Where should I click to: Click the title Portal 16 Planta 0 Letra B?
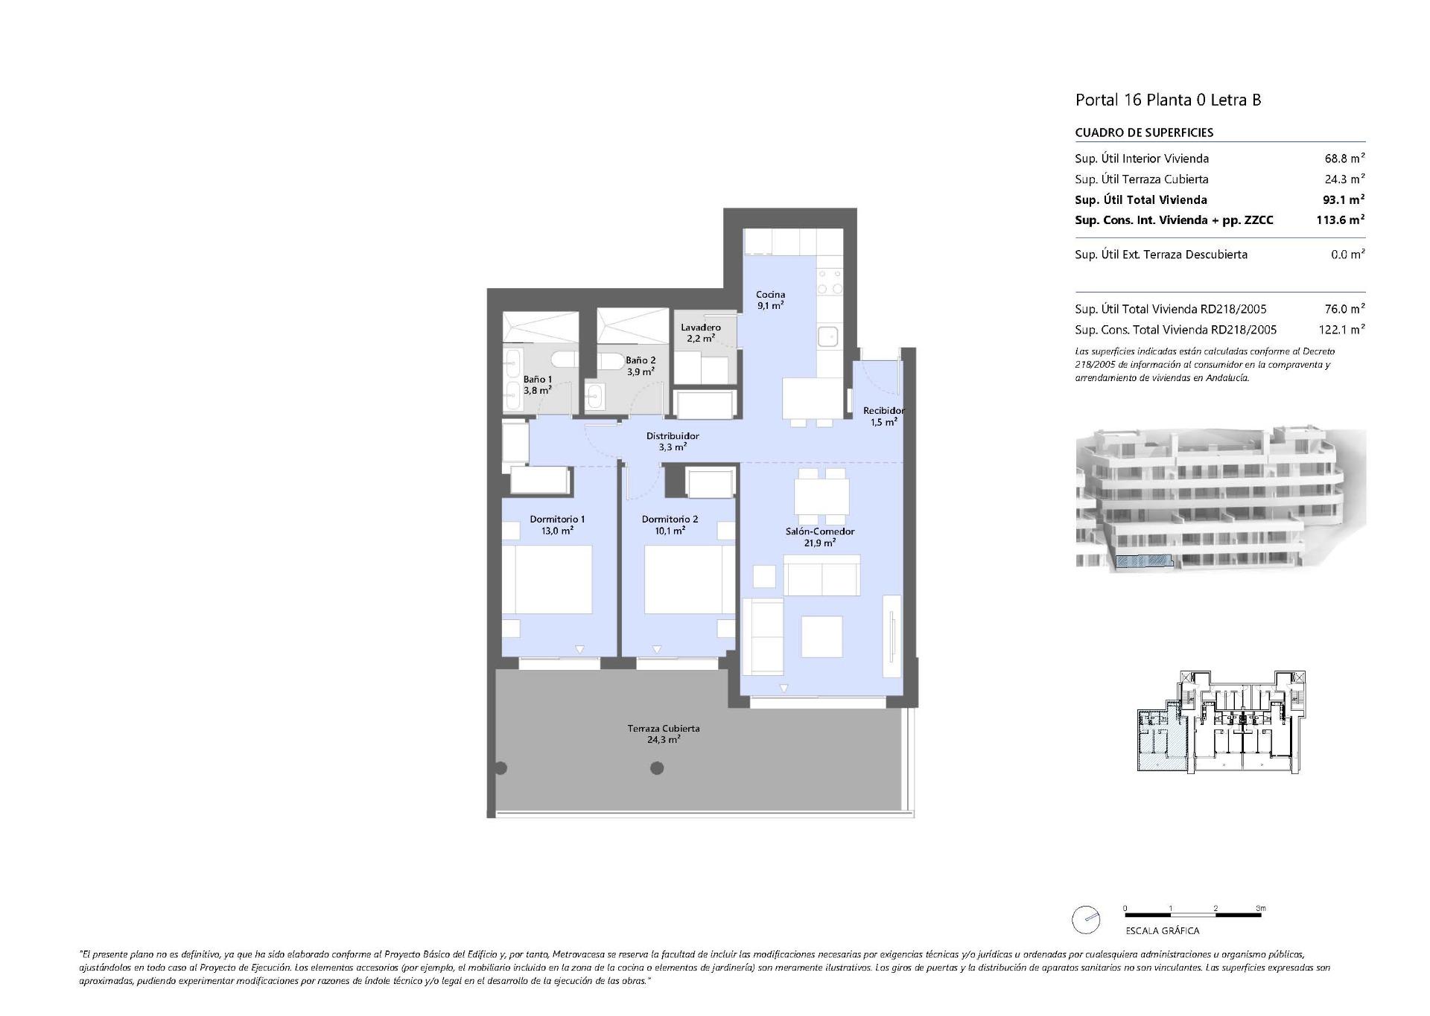pyautogui.click(x=1168, y=100)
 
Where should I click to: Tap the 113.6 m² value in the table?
pyautogui.click(x=1340, y=220)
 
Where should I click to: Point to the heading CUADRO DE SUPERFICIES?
pyautogui.click(x=1144, y=132)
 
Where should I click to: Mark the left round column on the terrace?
pyautogui.click(x=500, y=768)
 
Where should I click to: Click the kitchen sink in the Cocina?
pyautogui.click(x=827, y=337)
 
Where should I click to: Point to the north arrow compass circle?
pyautogui.click(x=1085, y=920)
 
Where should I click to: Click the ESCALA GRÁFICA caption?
pyautogui.click(x=1162, y=930)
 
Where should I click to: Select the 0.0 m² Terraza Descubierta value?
pyautogui.click(x=1347, y=255)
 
